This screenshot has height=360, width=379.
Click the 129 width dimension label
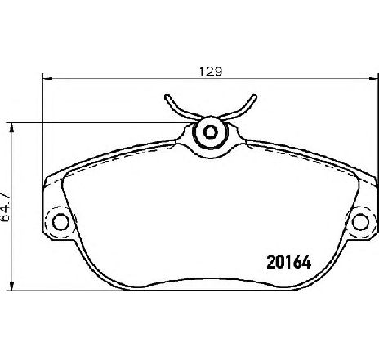pos(211,71)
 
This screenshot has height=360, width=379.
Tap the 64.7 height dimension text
pos(6,207)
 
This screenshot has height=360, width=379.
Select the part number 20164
pos(289,262)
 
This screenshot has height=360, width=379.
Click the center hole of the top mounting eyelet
pos(211,132)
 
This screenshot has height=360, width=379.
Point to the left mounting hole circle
pos(60,222)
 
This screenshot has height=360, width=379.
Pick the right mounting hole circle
pos(360,222)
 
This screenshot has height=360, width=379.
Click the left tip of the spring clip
pos(167,96)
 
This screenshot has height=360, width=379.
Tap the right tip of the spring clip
pos(254,96)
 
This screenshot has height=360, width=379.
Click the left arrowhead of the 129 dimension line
pos(47,78)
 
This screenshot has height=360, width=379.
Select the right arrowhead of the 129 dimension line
pos(373,78)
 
